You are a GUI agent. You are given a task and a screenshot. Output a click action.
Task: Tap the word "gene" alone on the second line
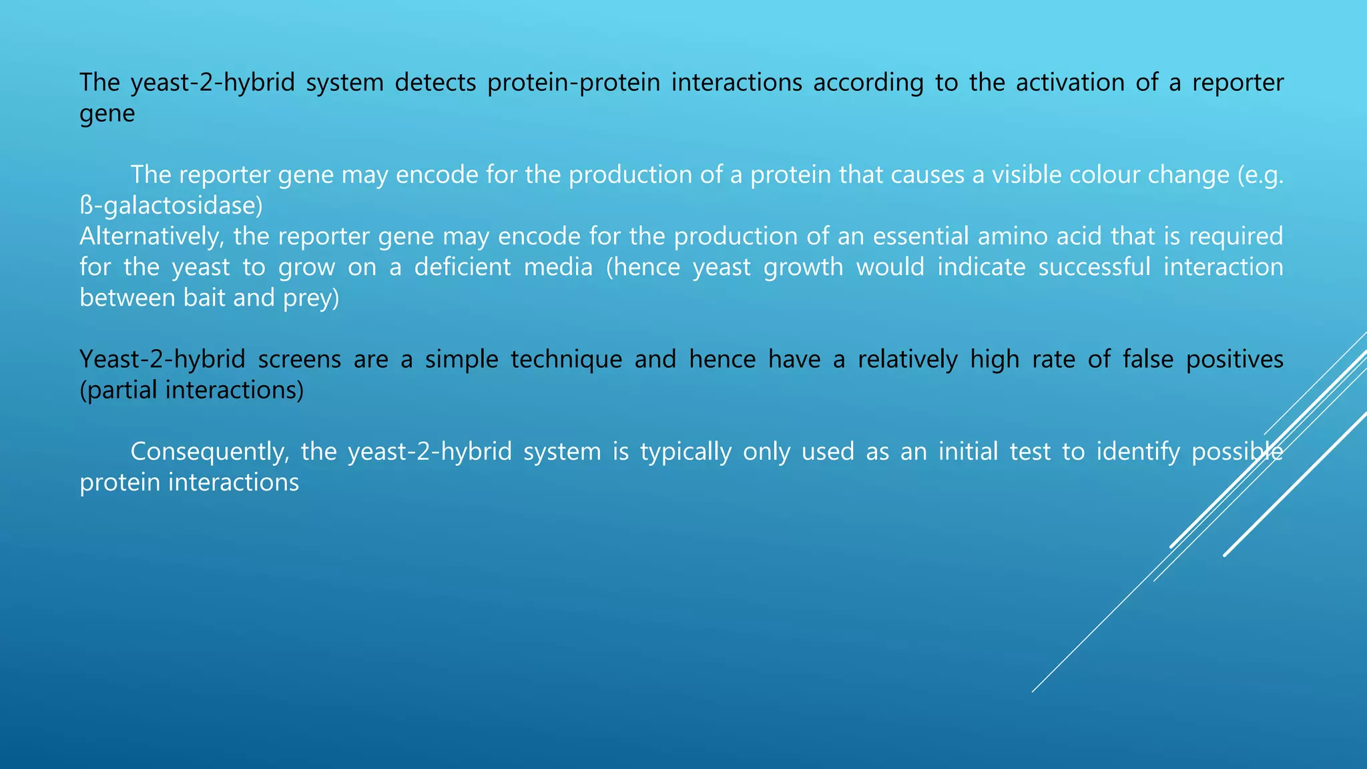point(107,113)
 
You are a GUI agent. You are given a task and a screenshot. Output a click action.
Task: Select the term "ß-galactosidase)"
point(171,206)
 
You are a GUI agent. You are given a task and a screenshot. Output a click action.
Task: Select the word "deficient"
point(503,267)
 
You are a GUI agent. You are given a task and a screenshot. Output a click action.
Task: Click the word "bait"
point(204,298)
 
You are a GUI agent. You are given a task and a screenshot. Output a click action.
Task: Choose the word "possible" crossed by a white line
point(1237,452)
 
